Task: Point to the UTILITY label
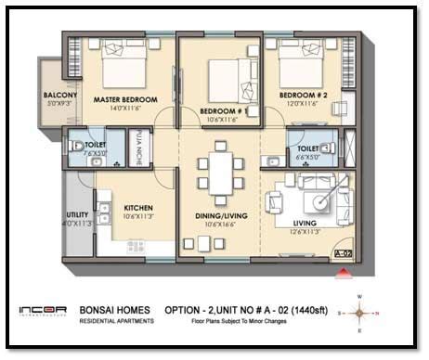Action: pos(78,213)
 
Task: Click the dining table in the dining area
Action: pos(220,174)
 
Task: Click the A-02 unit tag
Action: pos(343,251)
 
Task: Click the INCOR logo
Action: pos(42,312)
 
